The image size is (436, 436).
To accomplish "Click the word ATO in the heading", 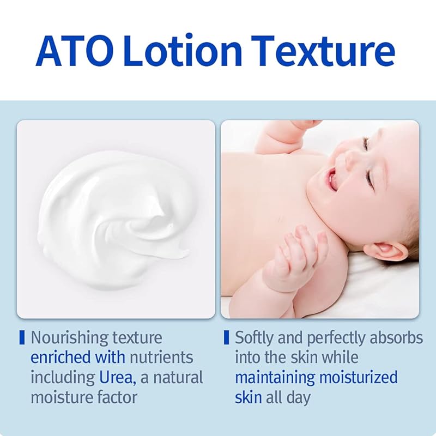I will coord(75,51).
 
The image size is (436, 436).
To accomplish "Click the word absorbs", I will coord(396,338).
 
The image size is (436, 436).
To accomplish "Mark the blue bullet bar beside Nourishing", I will coord(22,337).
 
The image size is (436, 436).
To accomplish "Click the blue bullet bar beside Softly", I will coord(226,337).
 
